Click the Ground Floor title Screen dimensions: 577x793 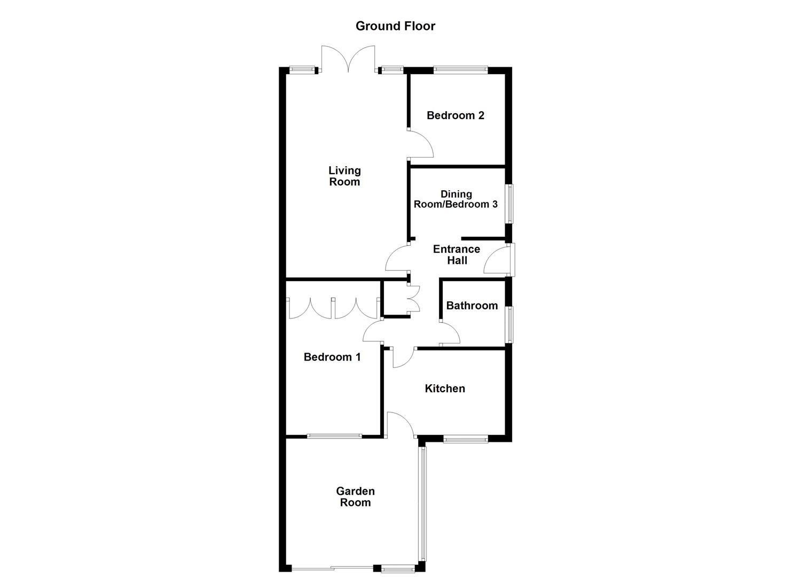395,26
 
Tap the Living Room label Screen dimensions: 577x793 344,176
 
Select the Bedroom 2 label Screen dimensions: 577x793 455,115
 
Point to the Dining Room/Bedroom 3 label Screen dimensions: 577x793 456,199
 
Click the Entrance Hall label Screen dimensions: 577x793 456,255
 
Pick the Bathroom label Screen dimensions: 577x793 472,306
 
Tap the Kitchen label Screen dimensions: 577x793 444,388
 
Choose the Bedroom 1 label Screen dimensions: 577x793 332,357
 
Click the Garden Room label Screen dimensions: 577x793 355,497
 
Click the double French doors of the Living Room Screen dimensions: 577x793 349,60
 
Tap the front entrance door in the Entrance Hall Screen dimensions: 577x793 498,260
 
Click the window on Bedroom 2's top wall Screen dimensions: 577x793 460,69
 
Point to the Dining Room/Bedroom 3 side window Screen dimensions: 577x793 511,204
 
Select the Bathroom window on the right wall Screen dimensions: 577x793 511,324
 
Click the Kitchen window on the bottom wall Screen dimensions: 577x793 466,439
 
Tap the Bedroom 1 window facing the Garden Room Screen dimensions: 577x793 334,436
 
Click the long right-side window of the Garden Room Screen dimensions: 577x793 423,503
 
